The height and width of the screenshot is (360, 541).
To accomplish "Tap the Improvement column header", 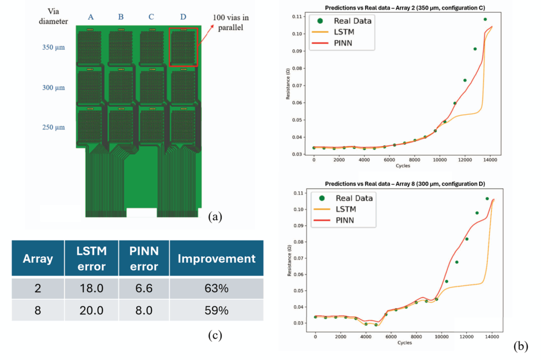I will pyautogui.click(x=216, y=259).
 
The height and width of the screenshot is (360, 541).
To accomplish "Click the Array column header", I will pyautogui.click(x=38, y=259).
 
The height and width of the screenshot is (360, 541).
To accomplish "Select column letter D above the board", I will pyautogui.click(x=183, y=17).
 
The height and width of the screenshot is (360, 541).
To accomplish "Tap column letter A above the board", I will pyautogui.click(x=91, y=17).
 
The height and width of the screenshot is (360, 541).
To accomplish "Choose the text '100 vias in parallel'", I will pyautogui.click(x=231, y=23).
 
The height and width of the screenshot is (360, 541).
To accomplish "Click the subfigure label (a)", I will pyautogui.click(x=216, y=216).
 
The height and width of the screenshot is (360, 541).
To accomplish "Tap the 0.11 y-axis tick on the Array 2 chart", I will pyautogui.click(x=298, y=16).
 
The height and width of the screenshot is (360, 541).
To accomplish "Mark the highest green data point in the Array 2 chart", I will pyautogui.click(x=485, y=20).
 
